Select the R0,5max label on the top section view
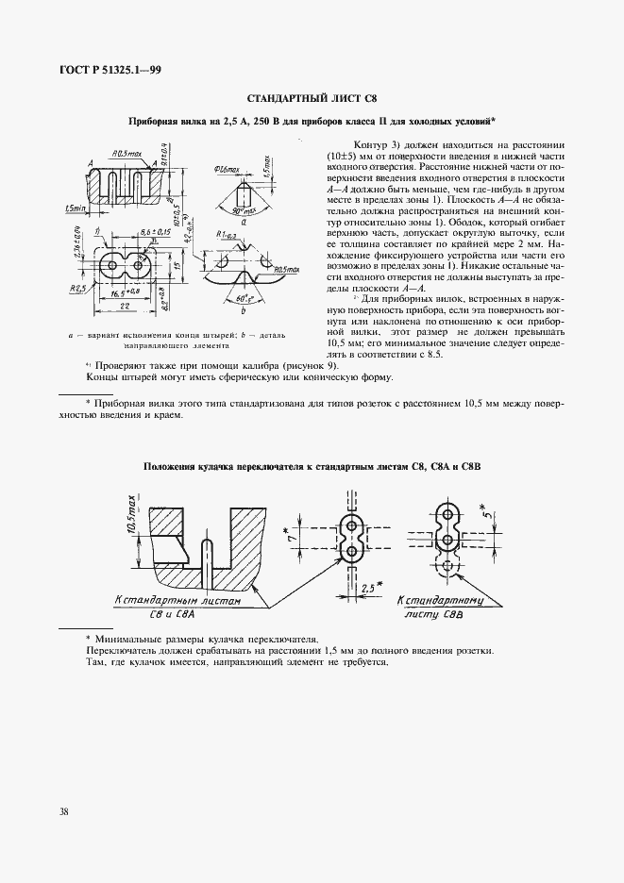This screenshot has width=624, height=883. pos(126,151)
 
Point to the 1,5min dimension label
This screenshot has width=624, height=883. pos(73,207)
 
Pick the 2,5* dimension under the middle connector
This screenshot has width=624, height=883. pos(369,586)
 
